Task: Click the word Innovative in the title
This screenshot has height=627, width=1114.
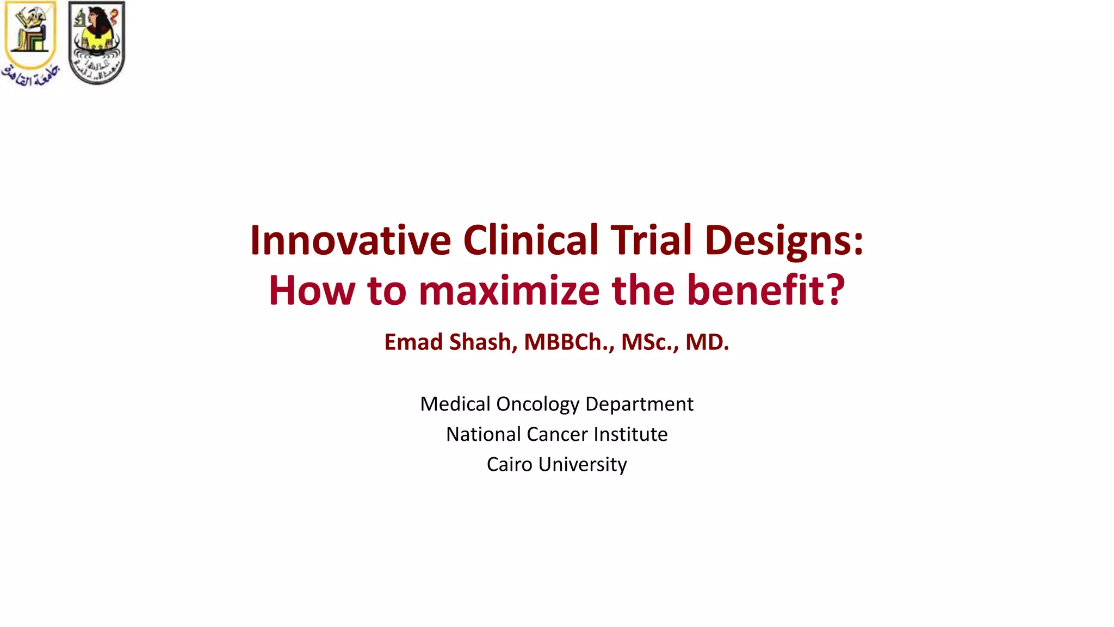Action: pos(350,240)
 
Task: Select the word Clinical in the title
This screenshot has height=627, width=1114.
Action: pos(530,240)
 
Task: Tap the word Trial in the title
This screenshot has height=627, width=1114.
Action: pos(651,240)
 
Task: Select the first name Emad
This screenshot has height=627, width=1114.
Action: pos(413,342)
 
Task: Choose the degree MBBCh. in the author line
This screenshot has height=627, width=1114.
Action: pos(569,342)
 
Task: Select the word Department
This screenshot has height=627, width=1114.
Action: pos(639,404)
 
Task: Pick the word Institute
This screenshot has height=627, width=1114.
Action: pos(630,434)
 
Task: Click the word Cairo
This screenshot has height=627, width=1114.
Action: pos(509,464)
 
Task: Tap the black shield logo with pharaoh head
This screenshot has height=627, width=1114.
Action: pos(97,42)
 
